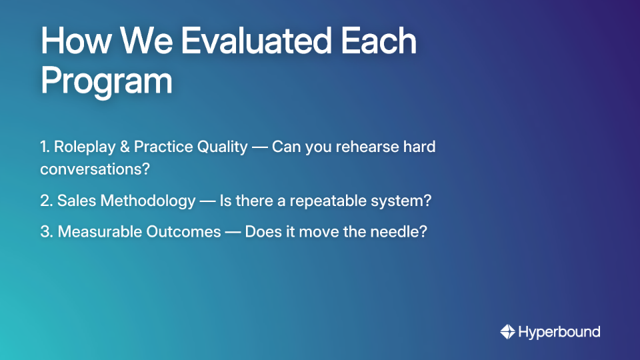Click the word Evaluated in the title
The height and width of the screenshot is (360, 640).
[256, 41]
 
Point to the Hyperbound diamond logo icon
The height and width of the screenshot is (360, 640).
[507, 332]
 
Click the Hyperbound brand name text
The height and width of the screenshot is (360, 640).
[559, 332]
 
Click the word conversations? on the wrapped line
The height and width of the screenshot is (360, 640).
[95, 169]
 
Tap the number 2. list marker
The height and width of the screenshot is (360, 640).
[46, 201]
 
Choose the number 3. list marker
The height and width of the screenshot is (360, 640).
[47, 232]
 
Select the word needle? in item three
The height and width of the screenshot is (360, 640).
[401, 232]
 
